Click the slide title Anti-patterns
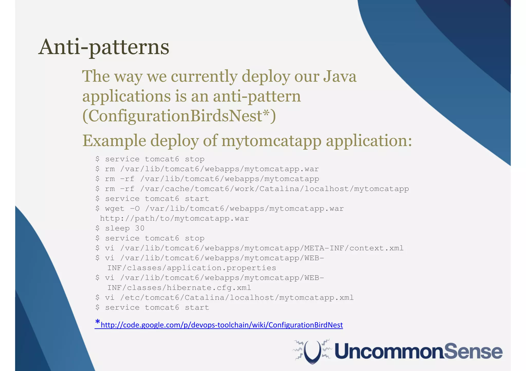pos(104,47)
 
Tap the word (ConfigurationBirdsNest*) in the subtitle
pos(179,116)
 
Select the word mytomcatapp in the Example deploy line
pos(271,141)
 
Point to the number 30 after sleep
pos(140,228)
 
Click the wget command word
pos(115,208)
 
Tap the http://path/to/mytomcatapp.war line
pos(174,218)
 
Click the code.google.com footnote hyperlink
pos(222,325)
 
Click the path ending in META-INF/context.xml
pos(262,248)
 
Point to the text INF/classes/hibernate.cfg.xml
pos(179,288)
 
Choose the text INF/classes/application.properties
pos(192,268)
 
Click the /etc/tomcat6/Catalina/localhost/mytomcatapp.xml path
pos(237,298)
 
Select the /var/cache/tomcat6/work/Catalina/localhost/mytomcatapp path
pos(274,189)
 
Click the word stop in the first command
pos(194,159)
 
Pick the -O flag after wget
pos(135,208)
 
